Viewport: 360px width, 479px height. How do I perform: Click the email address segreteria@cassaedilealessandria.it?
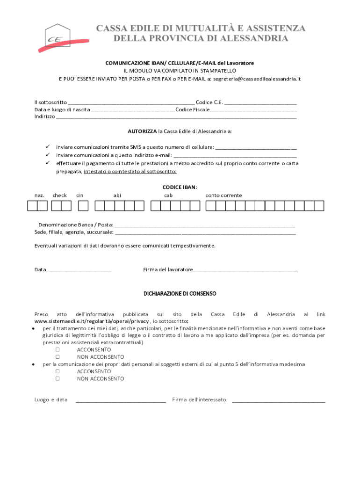click(x=257, y=79)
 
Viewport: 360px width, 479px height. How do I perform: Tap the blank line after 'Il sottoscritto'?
click(x=131, y=102)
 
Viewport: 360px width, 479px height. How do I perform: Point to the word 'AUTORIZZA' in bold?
click(x=142, y=131)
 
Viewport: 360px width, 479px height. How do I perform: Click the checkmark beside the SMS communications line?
click(x=48, y=147)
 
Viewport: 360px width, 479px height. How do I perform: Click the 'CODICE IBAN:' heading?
click(x=180, y=187)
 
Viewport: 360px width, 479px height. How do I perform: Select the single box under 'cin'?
click(x=83, y=205)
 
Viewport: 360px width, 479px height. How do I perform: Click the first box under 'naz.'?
click(x=32, y=205)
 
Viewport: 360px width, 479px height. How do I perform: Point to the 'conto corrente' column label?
click(x=223, y=195)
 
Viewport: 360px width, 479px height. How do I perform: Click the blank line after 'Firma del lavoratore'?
click(x=245, y=270)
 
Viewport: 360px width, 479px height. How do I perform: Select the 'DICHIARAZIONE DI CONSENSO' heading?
click(x=180, y=293)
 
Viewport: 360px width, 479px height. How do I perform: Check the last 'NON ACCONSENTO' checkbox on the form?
click(x=58, y=379)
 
